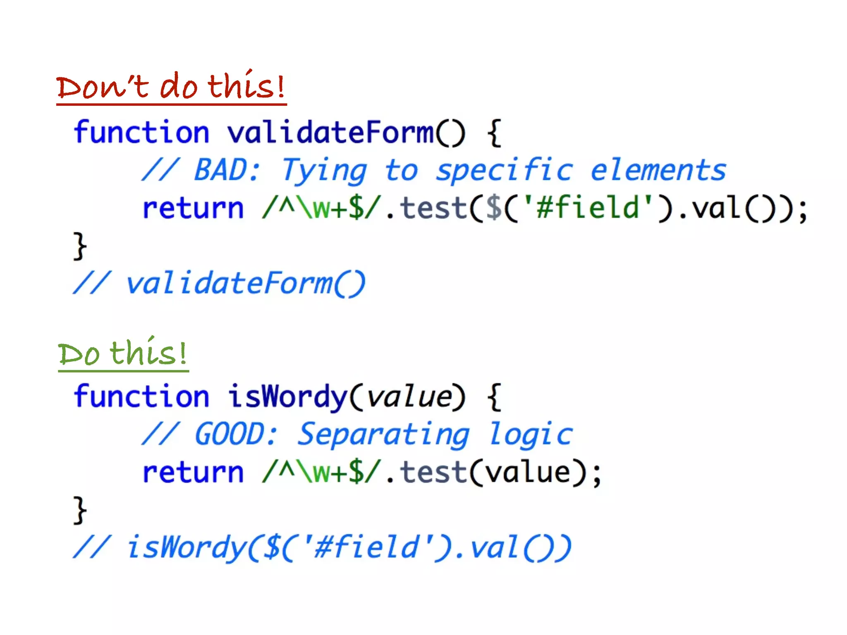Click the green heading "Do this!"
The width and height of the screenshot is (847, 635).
pos(123,354)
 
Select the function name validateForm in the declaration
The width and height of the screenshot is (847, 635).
pos(330,133)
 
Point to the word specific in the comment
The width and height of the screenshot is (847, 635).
pos(504,170)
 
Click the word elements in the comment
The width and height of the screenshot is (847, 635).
pos(658,170)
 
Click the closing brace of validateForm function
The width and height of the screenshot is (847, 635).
pos(80,246)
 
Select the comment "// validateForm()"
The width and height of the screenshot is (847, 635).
pos(219,284)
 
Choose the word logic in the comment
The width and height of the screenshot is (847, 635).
pos(531,434)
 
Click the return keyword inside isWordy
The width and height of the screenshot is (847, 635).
pos(193,473)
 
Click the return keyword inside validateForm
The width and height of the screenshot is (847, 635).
pos(193,208)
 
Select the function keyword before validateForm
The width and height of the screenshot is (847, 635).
pos(141,133)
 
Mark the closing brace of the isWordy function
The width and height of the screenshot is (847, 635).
pos(80,510)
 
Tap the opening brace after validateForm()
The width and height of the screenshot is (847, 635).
pos(494,133)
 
